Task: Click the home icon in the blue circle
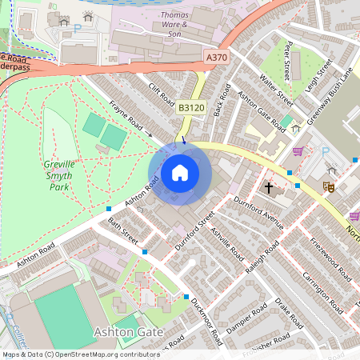pos(180,173)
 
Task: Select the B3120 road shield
pos(190,106)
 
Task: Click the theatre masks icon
pos(326,186)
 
